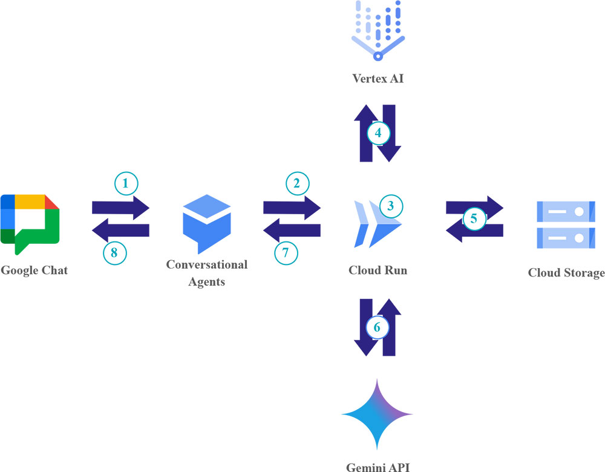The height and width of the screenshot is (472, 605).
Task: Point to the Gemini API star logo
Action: click(x=377, y=415)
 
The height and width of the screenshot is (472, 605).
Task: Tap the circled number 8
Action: click(x=115, y=253)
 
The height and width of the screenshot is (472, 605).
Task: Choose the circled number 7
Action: click(x=287, y=253)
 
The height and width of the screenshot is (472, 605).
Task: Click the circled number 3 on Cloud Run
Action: click(x=391, y=206)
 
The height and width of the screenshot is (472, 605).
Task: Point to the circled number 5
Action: click(x=474, y=218)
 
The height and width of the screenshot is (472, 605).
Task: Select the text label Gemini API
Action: click(x=378, y=466)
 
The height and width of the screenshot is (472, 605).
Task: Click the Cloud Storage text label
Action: click(x=566, y=273)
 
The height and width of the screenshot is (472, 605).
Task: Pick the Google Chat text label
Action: click(x=34, y=270)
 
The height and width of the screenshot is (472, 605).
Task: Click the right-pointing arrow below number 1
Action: click(x=120, y=208)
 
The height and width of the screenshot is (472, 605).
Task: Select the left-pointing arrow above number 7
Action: click(x=292, y=230)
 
